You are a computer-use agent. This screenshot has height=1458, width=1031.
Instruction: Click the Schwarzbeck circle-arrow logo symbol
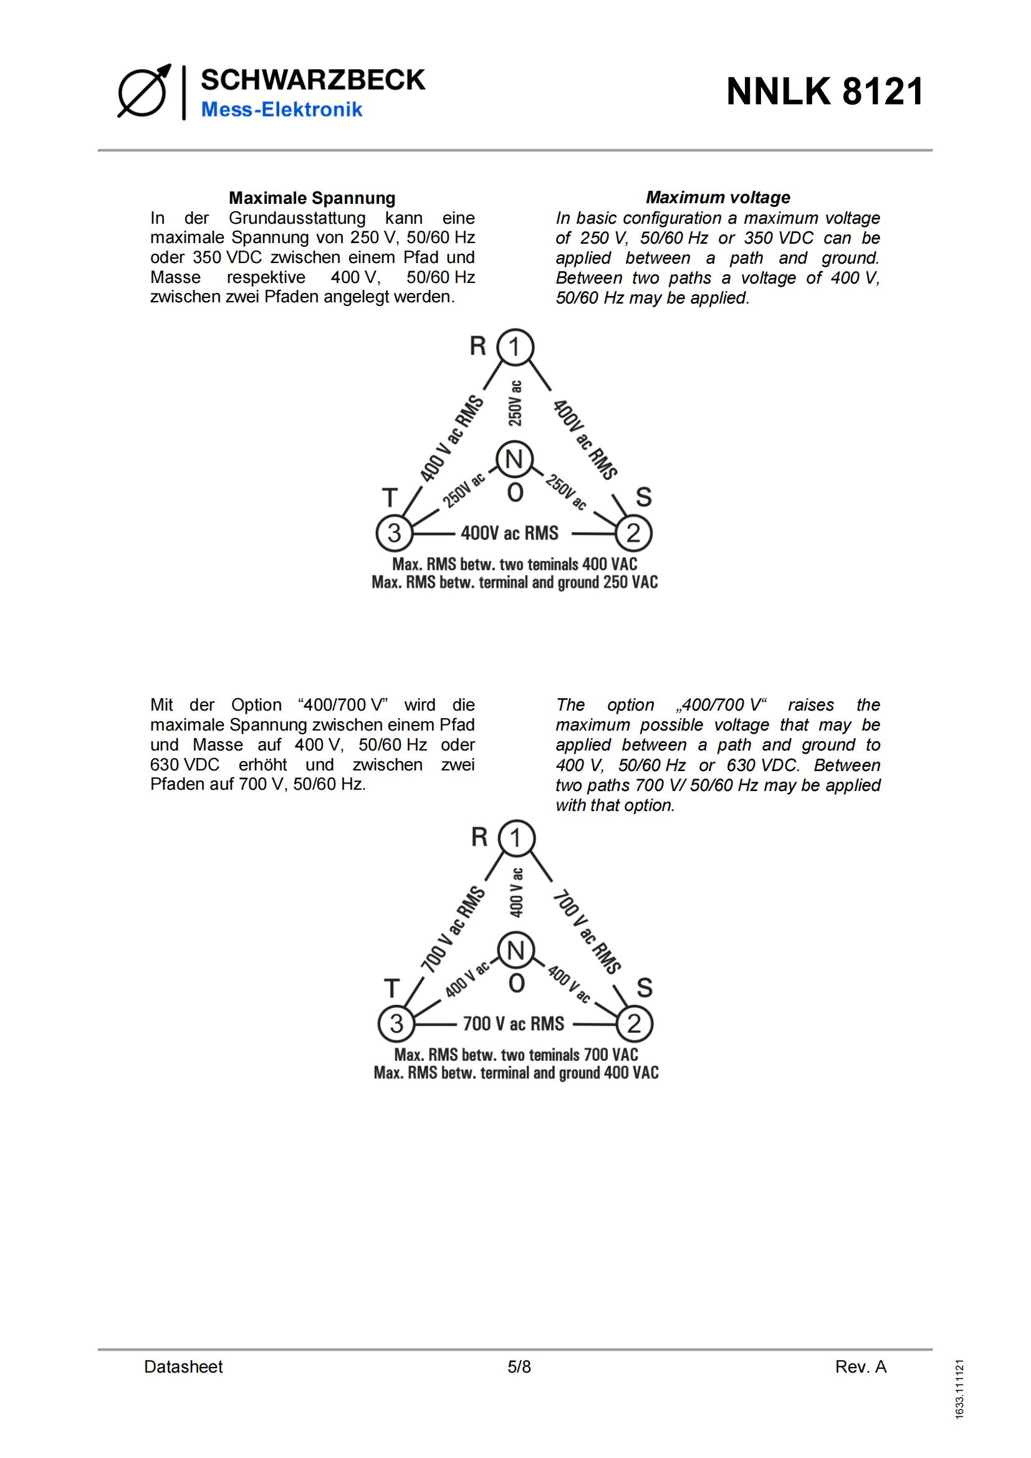[x=143, y=93]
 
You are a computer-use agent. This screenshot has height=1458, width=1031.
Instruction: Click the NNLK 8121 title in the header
[x=825, y=92]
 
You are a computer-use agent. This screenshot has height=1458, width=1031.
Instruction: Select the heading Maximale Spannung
[x=312, y=198]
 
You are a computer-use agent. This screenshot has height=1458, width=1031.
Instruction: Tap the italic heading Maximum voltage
[x=717, y=198]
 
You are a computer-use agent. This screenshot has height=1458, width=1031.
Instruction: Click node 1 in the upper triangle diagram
[x=515, y=347]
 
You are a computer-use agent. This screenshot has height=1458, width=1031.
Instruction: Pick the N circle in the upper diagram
[x=514, y=459]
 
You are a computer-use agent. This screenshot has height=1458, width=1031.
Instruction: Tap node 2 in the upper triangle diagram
[x=633, y=534]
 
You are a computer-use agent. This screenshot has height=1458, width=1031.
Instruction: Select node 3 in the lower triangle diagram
[x=396, y=1024]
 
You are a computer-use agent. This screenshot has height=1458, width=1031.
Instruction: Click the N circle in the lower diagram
[x=515, y=951]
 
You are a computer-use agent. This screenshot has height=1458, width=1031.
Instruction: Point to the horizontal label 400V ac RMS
[x=509, y=534]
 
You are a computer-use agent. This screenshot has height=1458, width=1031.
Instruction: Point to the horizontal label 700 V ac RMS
[x=513, y=1024]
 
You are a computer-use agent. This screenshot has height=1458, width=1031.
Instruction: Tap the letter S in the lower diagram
[x=644, y=988]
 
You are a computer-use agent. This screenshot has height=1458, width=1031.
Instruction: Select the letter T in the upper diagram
[x=389, y=498]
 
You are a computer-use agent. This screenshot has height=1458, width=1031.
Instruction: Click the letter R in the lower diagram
[x=479, y=838]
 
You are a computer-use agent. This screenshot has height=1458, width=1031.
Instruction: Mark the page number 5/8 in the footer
[x=519, y=1366]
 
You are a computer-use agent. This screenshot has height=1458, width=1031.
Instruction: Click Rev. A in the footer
[x=860, y=1366]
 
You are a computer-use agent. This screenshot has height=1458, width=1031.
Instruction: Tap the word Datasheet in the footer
[x=183, y=1366]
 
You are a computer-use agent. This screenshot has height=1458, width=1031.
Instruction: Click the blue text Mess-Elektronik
[x=281, y=110]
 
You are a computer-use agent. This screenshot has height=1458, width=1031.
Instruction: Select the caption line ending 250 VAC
[x=514, y=582]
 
